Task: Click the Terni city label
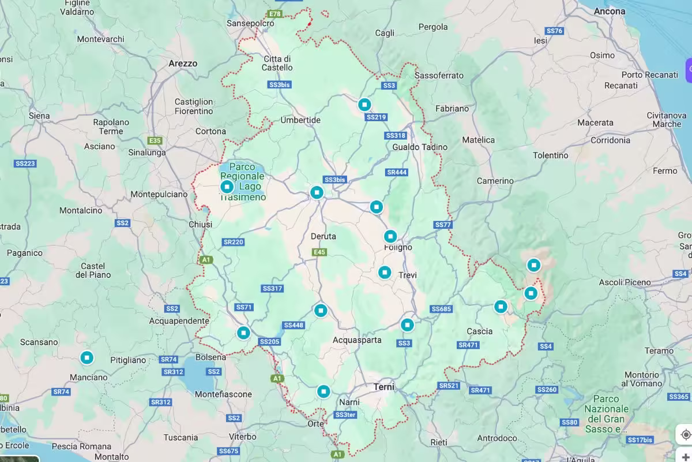click(384, 386)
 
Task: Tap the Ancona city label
click(610, 11)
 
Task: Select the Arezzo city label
click(183, 64)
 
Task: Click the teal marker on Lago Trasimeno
click(227, 187)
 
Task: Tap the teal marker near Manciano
click(87, 358)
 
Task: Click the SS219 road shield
click(376, 117)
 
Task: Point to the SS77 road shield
click(442, 225)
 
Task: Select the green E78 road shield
click(275, 13)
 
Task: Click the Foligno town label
click(398, 247)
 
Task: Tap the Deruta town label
click(323, 236)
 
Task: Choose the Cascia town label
click(480, 331)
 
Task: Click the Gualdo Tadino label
click(420, 147)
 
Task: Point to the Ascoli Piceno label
click(625, 282)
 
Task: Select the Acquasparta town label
click(357, 340)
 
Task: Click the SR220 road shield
click(233, 242)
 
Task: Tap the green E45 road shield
click(319, 252)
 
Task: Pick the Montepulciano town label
click(159, 195)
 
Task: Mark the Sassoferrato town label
click(439, 76)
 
